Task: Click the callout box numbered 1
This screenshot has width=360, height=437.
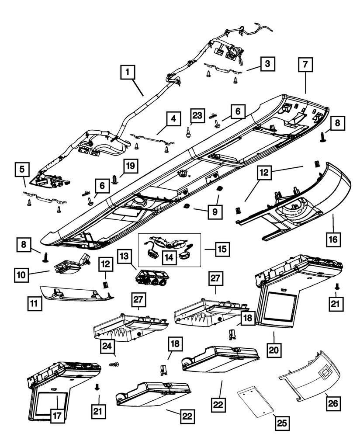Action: tap(127, 72)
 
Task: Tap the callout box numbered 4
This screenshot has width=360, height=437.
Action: tap(173, 118)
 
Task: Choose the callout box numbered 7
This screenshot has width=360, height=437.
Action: tap(305, 64)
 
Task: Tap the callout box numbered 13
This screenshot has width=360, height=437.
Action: tap(124, 255)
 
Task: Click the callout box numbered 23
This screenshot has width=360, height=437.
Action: tap(197, 116)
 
